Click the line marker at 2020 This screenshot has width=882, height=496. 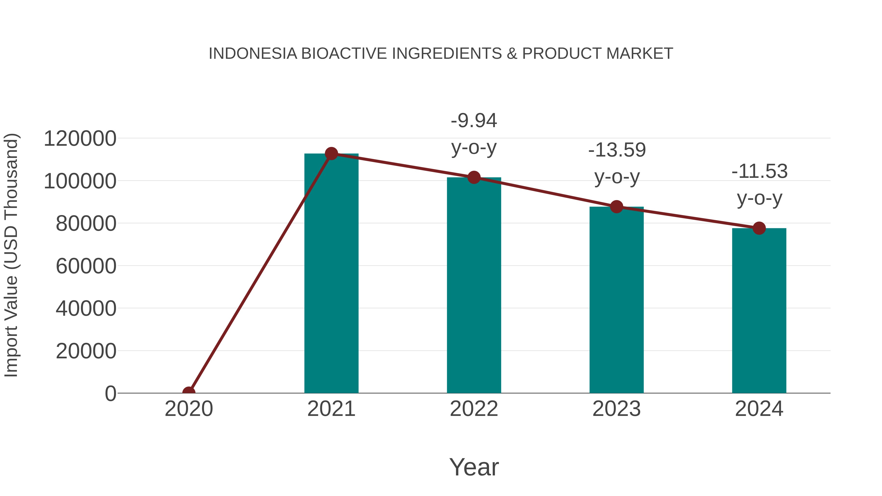click(189, 392)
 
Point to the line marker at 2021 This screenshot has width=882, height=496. click(331, 154)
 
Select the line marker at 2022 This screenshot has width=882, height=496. click(474, 177)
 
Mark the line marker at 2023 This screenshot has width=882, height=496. click(616, 207)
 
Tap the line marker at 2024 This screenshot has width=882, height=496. click(759, 228)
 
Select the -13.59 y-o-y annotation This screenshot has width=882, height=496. click(617, 163)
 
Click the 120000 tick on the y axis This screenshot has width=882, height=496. click(80, 139)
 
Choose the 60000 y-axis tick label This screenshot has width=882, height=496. click(86, 266)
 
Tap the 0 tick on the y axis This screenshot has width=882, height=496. click(110, 393)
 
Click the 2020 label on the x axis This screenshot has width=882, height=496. click(189, 409)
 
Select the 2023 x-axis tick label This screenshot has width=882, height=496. click(616, 409)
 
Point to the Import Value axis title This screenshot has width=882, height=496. click(11, 255)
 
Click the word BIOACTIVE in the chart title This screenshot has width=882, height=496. click(344, 53)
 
